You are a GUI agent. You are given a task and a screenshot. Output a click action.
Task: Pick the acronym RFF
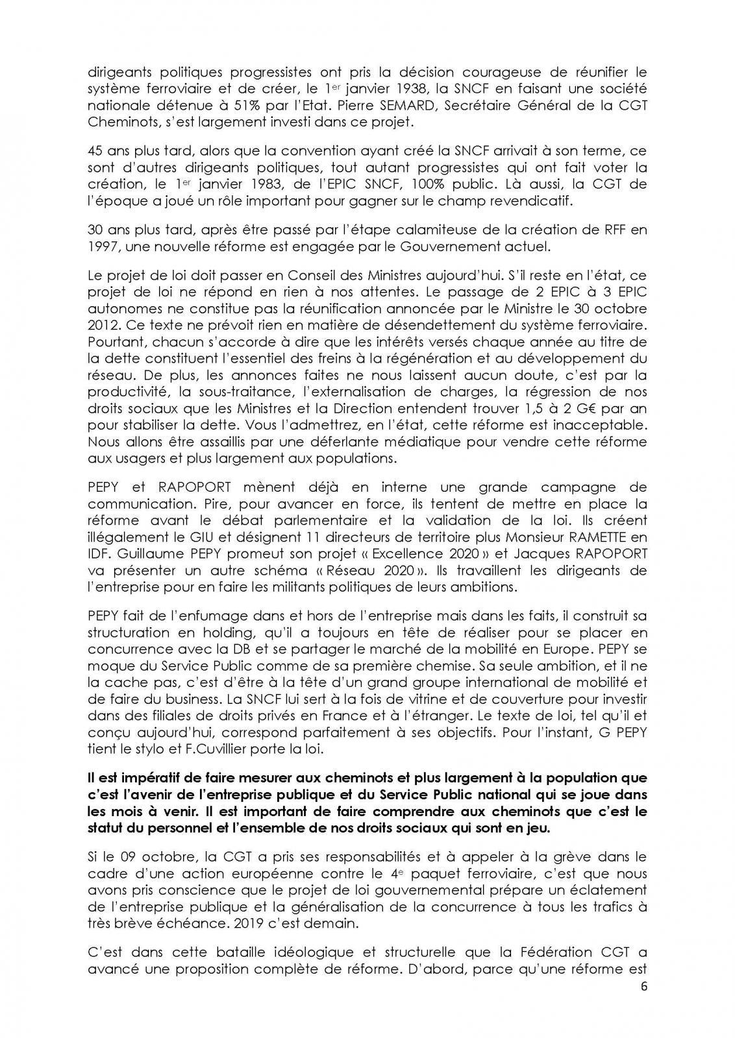coord(616,230)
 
